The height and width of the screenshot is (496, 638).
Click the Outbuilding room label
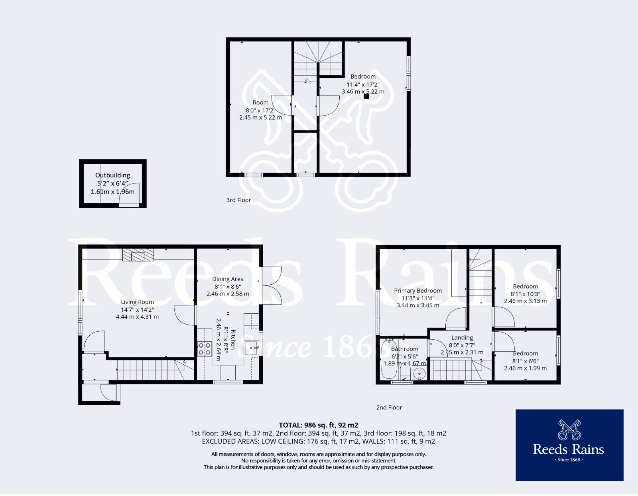(x=112, y=175)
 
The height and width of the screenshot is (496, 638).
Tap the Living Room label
(x=137, y=302)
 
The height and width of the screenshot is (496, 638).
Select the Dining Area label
(x=228, y=279)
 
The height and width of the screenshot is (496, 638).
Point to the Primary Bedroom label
(x=418, y=291)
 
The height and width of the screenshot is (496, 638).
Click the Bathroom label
(x=405, y=349)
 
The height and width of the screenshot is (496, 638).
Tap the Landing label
(x=462, y=338)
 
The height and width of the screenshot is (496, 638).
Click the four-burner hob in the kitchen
(x=204, y=349)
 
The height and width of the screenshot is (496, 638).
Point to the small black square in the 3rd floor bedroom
(x=366, y=96)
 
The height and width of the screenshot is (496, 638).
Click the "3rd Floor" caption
(x=238, y=200)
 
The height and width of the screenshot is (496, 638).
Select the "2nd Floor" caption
(x=389, y=407)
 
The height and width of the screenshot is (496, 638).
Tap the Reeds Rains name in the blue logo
(x=569, y=450)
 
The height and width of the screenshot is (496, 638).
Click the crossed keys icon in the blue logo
(x=569, y=429)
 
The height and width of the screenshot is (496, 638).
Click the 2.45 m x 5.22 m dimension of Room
(x=260, y=118)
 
